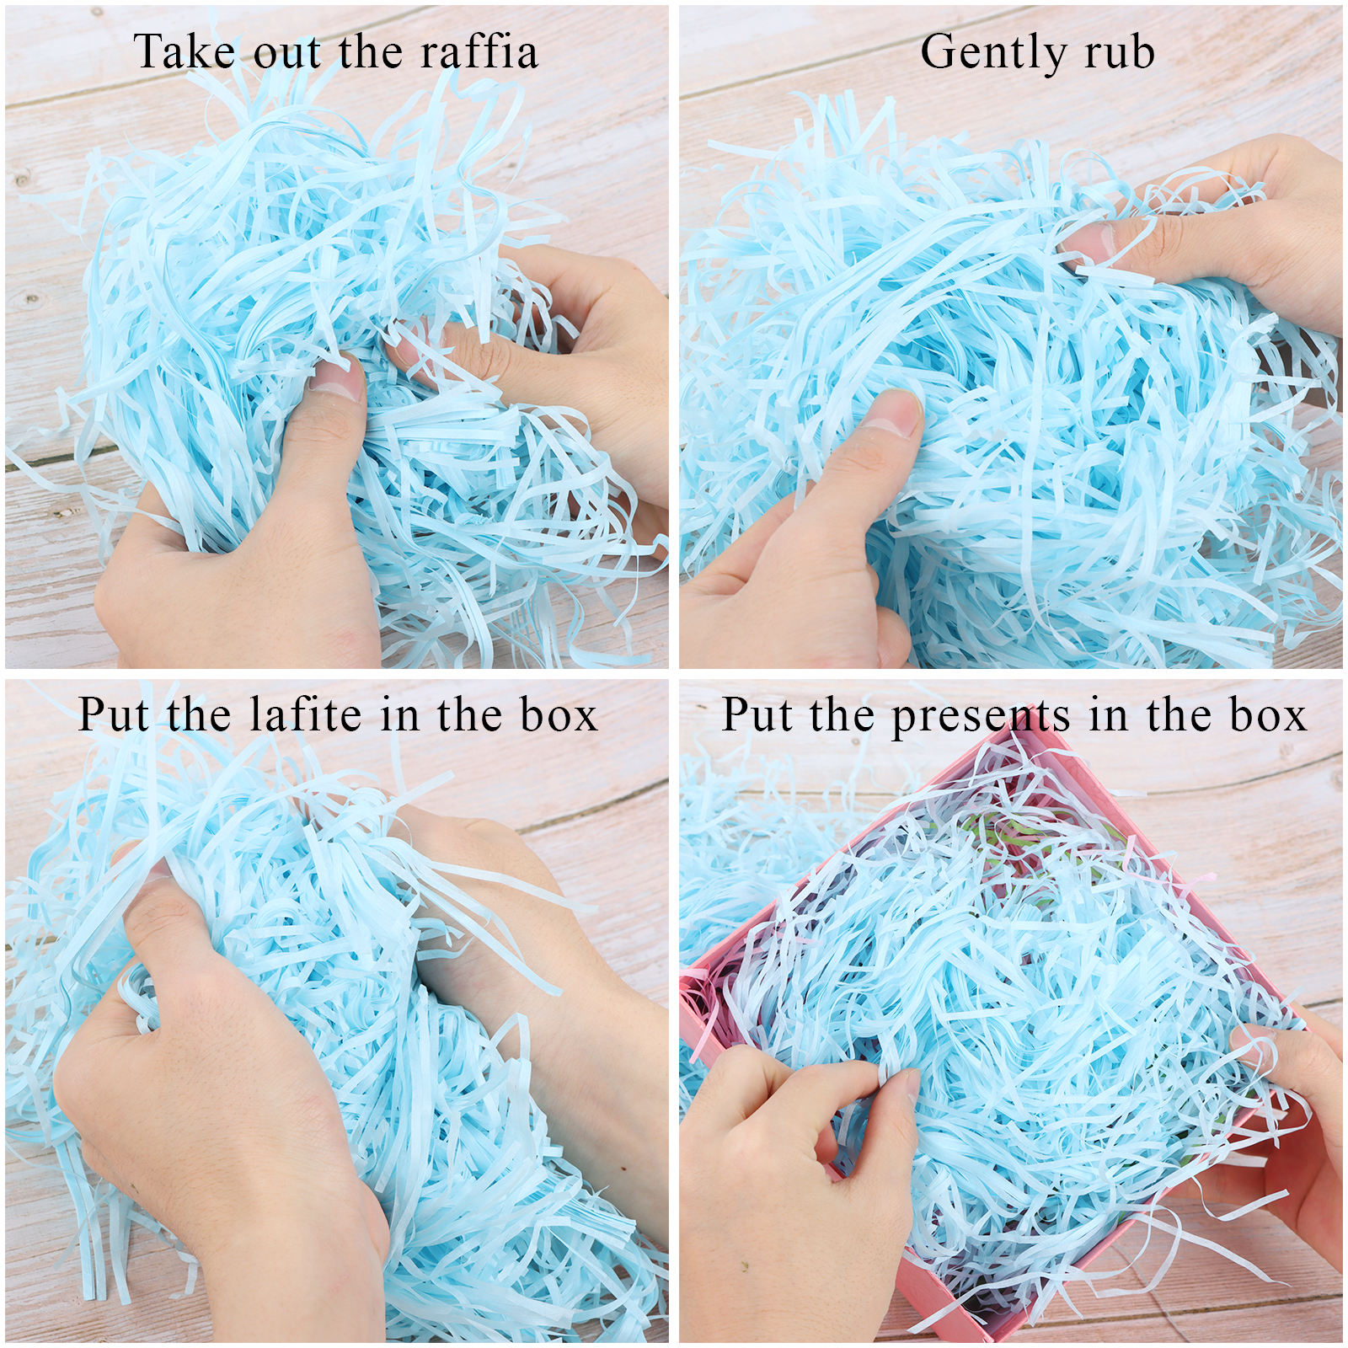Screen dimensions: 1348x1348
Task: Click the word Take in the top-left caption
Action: (185, 51)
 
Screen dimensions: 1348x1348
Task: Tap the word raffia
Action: (479, 51)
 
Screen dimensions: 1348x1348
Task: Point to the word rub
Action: (1119, 51)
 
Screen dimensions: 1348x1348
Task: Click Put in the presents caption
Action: (757, 715)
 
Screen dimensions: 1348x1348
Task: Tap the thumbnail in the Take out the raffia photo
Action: (337, 380)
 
